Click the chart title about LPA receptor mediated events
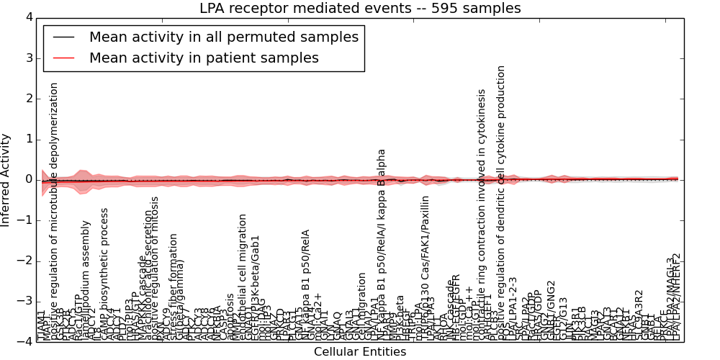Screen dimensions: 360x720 click(x=360, y=9)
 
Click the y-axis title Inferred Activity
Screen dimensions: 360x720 click(x=6, y=179)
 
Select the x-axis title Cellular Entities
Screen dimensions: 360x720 click(x=360, y=352)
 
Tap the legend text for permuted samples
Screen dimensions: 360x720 click(x=223, y=37)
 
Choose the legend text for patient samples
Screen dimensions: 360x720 click(x=204, y=58)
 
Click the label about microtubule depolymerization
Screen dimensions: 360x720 click(x=53, y=209)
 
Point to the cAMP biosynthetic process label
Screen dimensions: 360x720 click(x=105, y=274)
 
